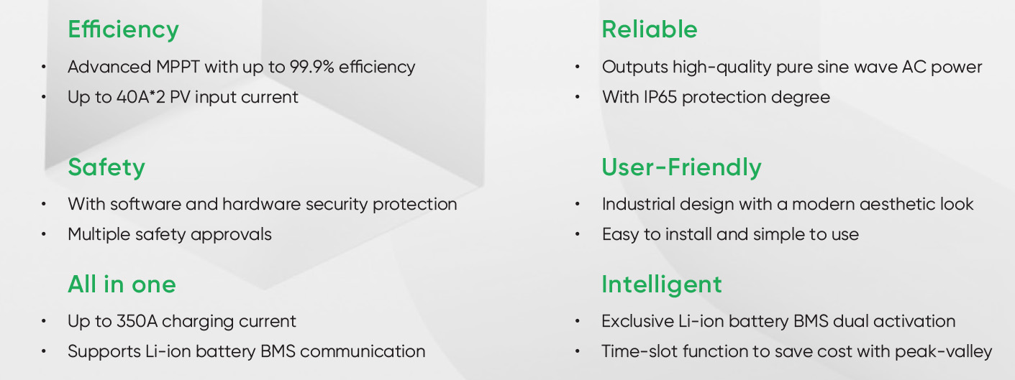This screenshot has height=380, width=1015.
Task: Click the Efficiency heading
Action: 123,30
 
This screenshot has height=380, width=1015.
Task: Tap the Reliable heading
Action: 650,29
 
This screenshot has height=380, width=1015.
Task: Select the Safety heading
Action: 106,168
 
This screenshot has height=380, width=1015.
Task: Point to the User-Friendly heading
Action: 681,168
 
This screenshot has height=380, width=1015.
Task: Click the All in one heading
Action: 122,284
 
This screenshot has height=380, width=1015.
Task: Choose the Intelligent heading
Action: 662,286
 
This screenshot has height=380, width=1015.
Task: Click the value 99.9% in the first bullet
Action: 311,67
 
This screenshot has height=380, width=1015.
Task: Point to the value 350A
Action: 137,321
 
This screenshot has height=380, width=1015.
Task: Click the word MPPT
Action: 178,67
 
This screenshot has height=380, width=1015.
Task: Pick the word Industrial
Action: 638,204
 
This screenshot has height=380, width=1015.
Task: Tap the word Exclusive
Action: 637,321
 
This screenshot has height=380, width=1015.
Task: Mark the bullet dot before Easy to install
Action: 578,234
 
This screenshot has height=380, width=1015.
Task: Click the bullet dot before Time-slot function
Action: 578,351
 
